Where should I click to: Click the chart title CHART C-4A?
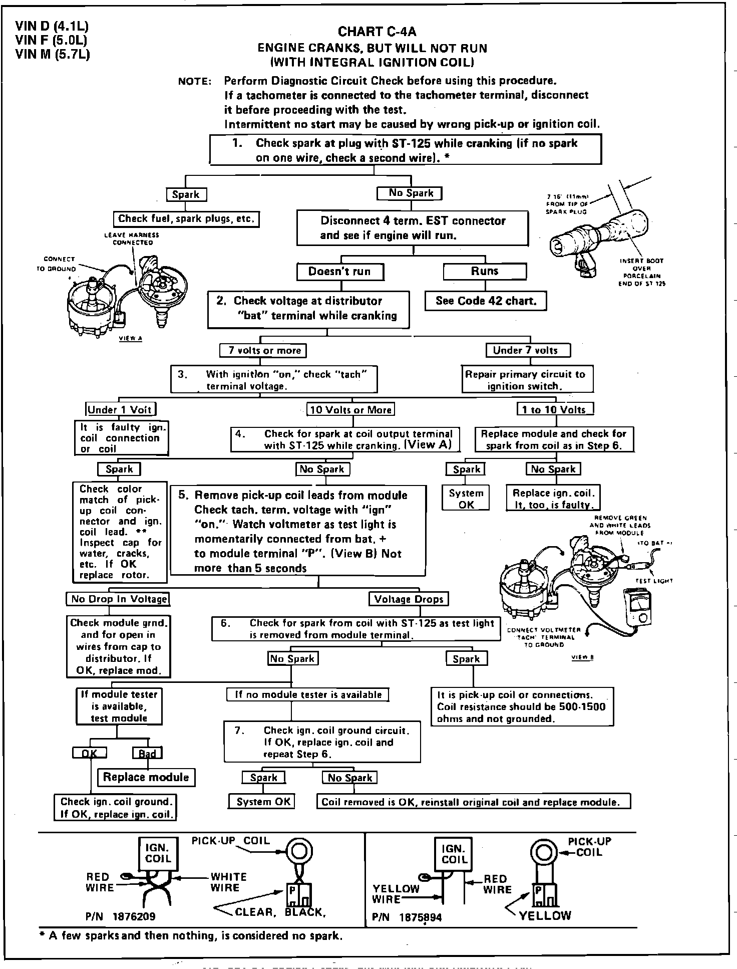pyautogui.click(x=377, y=32)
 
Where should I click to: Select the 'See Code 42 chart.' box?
pyautogui.click(x=486, y=301)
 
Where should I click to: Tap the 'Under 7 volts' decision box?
pyautogui.click(x=528, y=350)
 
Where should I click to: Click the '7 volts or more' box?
pyautogui.click(x=263, y=350)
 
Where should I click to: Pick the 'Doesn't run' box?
pyautogui.click(x=339, y=272)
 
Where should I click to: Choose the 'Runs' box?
pyautogui.click(x=485, y=271)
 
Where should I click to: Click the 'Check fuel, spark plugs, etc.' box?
pyautogui.click(x=186, y=219)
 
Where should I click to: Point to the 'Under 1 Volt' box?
pyautogui.click(x=120, y=409)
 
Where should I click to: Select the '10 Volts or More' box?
pyautogui.click(x=350, y=409)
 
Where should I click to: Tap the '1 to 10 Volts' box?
pyautogui.click(x=555, y=409)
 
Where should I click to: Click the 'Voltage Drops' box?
pyautogui.click(x=409, y=599)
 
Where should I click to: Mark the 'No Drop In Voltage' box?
pyautogui.click(x=118, y=599)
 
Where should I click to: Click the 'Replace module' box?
pyautogui.click(x=146, y=777)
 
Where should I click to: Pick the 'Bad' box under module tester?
pyautogui.click(x=147, y=753)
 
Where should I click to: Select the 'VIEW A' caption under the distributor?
pyautogui.click(x=130, y=338)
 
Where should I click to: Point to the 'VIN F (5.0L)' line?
pyautogui.click(x=52, y=40)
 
